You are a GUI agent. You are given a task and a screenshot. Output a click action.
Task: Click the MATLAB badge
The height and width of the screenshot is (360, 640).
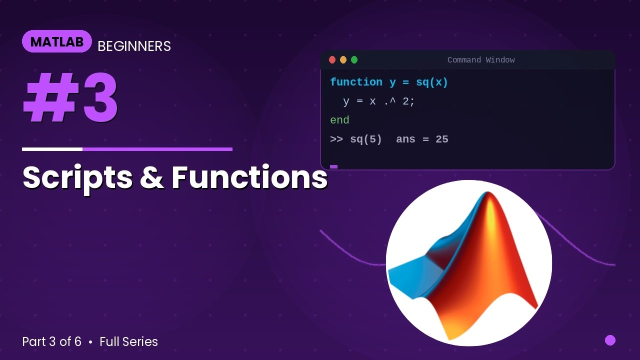point(56,41)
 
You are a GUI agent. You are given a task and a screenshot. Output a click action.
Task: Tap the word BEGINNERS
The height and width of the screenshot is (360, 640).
point(134,46)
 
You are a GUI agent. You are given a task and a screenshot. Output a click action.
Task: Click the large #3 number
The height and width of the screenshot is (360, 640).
point(70,98)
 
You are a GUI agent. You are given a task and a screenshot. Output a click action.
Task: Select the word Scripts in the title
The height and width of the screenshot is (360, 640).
point(77,177)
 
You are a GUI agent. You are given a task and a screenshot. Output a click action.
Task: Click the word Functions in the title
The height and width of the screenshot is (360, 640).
point(249,177)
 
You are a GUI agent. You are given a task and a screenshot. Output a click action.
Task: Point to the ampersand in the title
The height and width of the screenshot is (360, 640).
point(152,178)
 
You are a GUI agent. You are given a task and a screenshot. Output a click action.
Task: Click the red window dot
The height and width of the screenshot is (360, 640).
point(332,60)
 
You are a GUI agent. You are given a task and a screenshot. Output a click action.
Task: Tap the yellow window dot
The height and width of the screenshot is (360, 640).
point(343,60)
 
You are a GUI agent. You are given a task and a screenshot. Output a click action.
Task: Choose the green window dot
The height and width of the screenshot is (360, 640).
point(354,60)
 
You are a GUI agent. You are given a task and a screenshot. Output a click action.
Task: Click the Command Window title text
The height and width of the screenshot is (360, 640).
point(481,60)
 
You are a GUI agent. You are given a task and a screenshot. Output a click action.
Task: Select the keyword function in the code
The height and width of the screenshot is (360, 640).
point(356,82)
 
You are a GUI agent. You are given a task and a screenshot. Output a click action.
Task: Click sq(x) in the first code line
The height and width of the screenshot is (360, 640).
point(432,82)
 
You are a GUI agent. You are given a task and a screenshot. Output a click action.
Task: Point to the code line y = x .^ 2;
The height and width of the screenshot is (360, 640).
point(379,101)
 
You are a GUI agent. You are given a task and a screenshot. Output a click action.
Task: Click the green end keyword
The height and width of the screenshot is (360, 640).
point(339,120)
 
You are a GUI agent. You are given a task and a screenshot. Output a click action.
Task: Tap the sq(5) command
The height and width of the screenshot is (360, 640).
point(366,139)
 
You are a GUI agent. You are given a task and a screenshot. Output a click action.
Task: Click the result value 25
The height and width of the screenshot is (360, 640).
point(442,139)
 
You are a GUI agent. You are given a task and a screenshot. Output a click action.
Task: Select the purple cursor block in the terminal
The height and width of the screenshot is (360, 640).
point(334,166)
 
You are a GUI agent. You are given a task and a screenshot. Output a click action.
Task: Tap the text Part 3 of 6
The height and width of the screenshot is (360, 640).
point(51,342)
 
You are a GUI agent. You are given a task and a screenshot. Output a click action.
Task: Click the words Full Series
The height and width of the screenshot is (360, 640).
point(128,342)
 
